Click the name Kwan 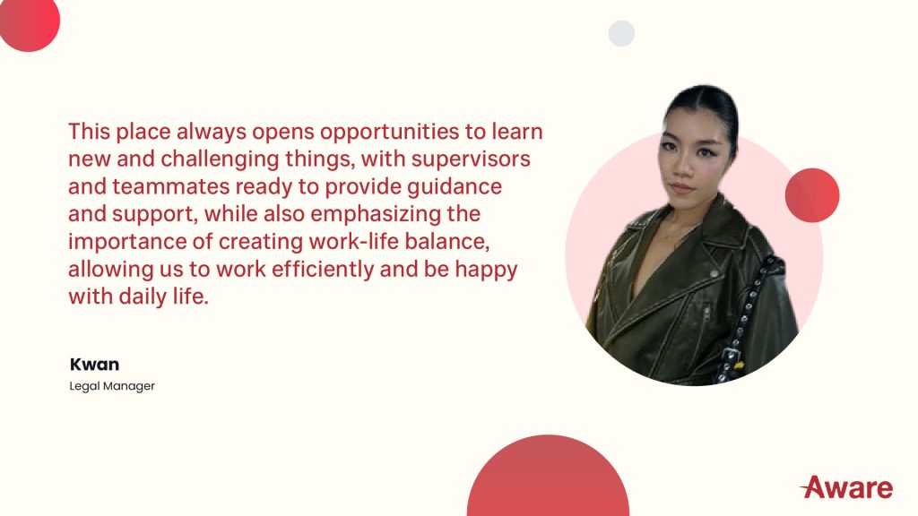(x=94, y=365)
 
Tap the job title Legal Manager (x=112, y=386)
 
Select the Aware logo (x=846, y=487)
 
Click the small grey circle (x=621, y=33)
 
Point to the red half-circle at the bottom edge (x=548, y=479)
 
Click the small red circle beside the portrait (x=811, y=195)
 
